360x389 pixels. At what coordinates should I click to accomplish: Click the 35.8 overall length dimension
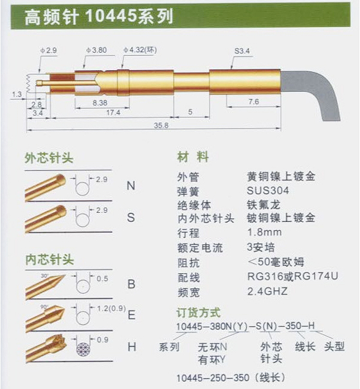coord(161,125)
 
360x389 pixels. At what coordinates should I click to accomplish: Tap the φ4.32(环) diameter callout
coord(140,50)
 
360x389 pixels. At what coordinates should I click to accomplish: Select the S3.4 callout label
coord(242,51)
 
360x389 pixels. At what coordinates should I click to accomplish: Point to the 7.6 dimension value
coord(254,102)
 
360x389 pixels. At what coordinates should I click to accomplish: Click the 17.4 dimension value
coord(113,113)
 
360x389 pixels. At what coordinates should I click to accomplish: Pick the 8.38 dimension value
coord(100,103)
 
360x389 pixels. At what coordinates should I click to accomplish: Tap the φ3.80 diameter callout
coord(96,50)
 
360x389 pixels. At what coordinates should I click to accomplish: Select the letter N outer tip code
coord(131,186)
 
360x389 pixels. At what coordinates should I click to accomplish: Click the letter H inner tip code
coord(132,347)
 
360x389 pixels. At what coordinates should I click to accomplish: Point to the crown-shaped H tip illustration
coord(46,347)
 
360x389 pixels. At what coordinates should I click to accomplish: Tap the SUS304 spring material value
coord(268,190)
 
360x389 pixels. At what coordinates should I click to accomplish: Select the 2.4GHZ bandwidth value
coord(267,291)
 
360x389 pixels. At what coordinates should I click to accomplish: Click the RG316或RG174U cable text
coord(292,276)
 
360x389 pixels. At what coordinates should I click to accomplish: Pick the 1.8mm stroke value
coord(264,232)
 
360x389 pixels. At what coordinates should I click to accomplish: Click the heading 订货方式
coord(199,312)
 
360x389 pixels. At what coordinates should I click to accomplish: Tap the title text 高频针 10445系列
coord(99,16)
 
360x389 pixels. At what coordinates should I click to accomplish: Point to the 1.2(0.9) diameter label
coord(111,309)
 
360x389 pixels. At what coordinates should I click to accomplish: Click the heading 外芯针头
coord(49,158)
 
